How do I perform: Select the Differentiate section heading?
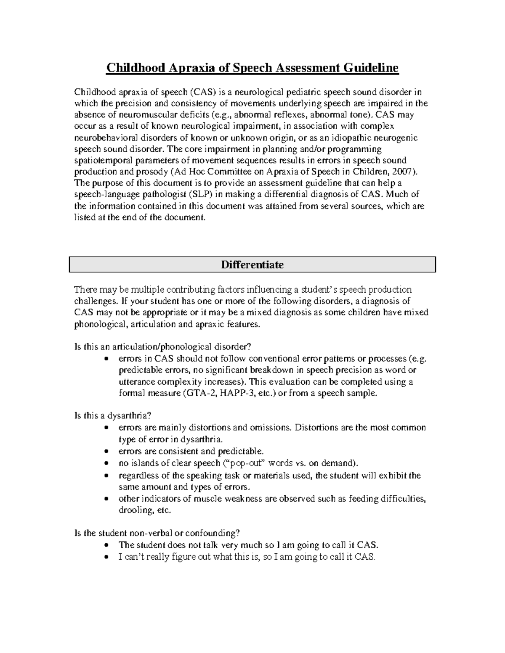click(x=252, y=265)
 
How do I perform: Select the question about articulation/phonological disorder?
click(x=162, y=347)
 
